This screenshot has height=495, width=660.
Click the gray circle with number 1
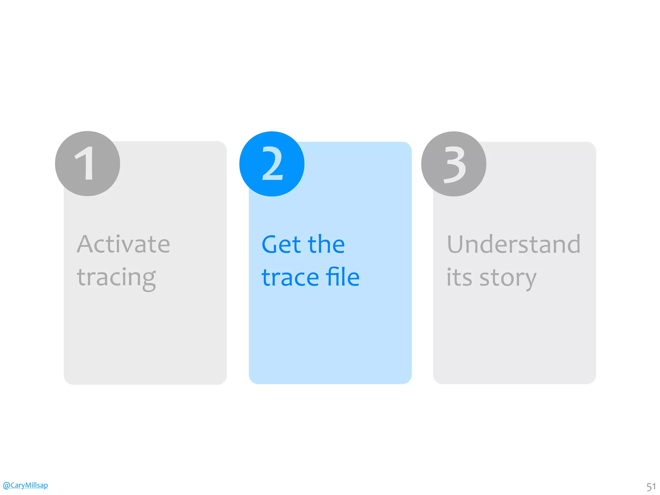pos(87,164)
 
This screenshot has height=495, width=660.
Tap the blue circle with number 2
pos(272,164)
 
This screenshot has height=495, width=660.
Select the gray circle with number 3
pos(453,164)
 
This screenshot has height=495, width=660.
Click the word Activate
pos(123,244)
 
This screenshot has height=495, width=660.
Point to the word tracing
pos(116,278)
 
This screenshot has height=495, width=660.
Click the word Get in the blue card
pos(281,244)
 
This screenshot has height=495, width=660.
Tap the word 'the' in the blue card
pos(326,244)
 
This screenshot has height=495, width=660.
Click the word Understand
pos(514,244)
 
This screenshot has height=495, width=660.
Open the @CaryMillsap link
pos(25,485)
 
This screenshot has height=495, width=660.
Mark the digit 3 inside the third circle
pos(455,164)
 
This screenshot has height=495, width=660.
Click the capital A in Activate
pos(85,244)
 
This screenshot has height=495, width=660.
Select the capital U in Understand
pos(456,244)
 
